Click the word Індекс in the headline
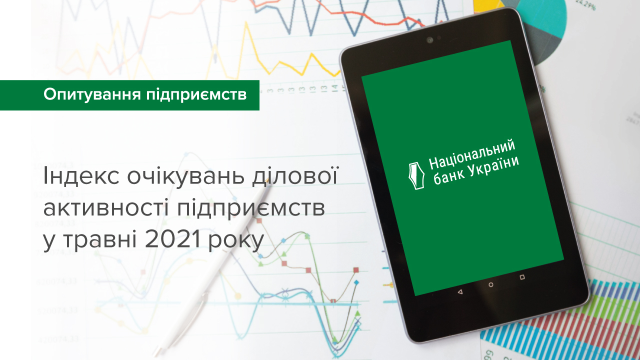(75, 178)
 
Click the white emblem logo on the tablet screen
(415, 176)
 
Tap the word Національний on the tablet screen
(472, 155)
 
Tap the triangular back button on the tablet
(460, 291)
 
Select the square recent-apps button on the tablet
(522, 276)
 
